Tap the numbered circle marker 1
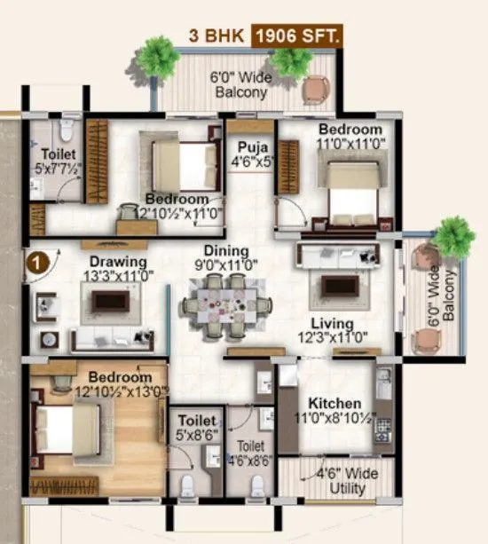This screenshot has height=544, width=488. point(36,263)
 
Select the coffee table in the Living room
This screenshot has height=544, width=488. point(339,286)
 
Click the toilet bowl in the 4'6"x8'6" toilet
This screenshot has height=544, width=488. point(257,485)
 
